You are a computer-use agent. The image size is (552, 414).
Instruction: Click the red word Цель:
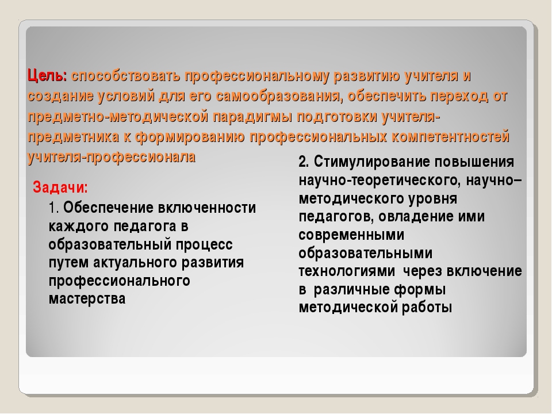tap(47, 76)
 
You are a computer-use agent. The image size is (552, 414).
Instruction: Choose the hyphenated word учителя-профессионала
tap(112, 157)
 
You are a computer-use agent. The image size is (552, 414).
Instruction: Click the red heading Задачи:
tap(60, 187)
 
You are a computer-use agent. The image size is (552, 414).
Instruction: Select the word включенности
tap(206, 208)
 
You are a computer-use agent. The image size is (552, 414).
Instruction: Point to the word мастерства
tap(87, 298)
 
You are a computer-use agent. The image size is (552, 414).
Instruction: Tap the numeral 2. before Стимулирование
tap(304, 162)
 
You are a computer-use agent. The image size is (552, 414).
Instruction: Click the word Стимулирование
tap(372, 162)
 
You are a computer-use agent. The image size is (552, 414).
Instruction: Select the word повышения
tap(474, 162)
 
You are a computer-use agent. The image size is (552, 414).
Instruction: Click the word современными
tap(351, 235)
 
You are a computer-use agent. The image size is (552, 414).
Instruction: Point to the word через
tap(422, 271)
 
